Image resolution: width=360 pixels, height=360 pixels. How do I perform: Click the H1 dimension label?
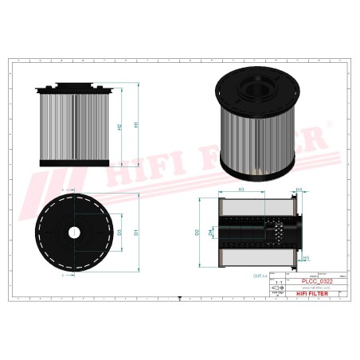[x=138, y=125]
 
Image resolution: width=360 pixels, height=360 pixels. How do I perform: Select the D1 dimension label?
[x=137, y=232]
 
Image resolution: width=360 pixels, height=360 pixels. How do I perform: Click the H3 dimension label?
[x=241, y=190]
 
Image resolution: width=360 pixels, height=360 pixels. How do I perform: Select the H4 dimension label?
[x=299, y=190]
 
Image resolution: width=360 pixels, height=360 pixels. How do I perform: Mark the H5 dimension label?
[x=306, y=258]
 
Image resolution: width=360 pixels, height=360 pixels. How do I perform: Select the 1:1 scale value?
[x=278, y=283]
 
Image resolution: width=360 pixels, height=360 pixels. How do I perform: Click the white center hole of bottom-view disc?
[x=73, y=233]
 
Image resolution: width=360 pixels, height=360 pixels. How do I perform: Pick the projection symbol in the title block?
[x=278, y=292]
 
